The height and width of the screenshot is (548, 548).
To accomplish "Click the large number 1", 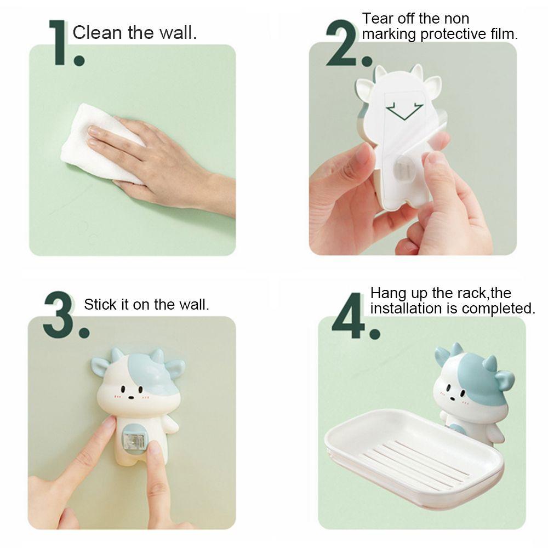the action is (x=59, y=42).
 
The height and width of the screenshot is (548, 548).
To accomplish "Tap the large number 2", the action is (x=341, y=43).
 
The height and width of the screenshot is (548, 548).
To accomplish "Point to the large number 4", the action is (x=349, y=316).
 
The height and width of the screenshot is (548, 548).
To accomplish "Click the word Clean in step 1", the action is (x=97, y=33).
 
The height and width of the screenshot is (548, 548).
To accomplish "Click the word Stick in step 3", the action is (x=100, y=304).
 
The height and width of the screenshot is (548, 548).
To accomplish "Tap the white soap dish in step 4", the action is (x=414, y=458).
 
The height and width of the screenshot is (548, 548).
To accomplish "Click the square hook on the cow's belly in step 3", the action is (x=134, y=439).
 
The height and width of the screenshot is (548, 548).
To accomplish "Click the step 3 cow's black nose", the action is (x=131, y=397).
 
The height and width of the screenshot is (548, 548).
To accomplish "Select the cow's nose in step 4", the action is (x=452, y=398).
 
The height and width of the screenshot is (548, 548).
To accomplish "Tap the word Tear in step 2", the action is (x=378, y=19).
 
